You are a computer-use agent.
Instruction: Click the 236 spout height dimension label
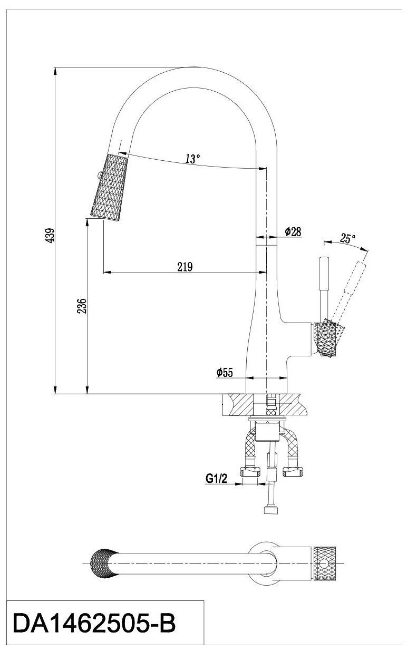pyautogui.click(x=81, y=306)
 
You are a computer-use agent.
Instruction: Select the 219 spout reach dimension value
pyautogui.click(x=185, y=267)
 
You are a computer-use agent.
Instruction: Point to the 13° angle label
pyautogui.click(x=193, y=158)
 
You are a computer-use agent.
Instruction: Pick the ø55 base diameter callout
pyautogui.click(x=225, y=373)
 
